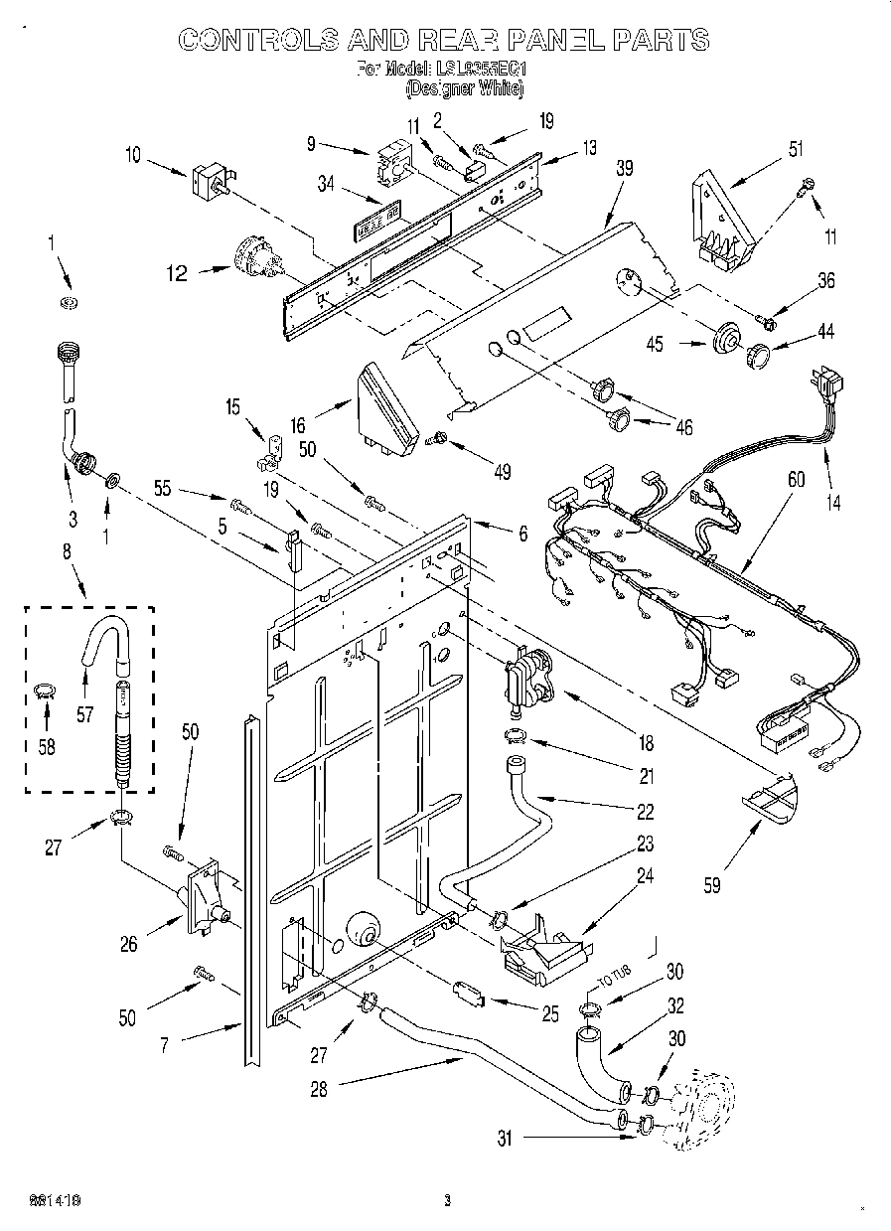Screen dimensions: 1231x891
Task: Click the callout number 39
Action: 624,169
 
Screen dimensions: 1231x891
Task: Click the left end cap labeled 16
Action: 382,408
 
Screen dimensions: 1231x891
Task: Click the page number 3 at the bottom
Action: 448,1200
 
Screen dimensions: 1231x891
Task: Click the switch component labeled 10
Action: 211,183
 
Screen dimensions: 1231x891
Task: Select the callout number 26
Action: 129,945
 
